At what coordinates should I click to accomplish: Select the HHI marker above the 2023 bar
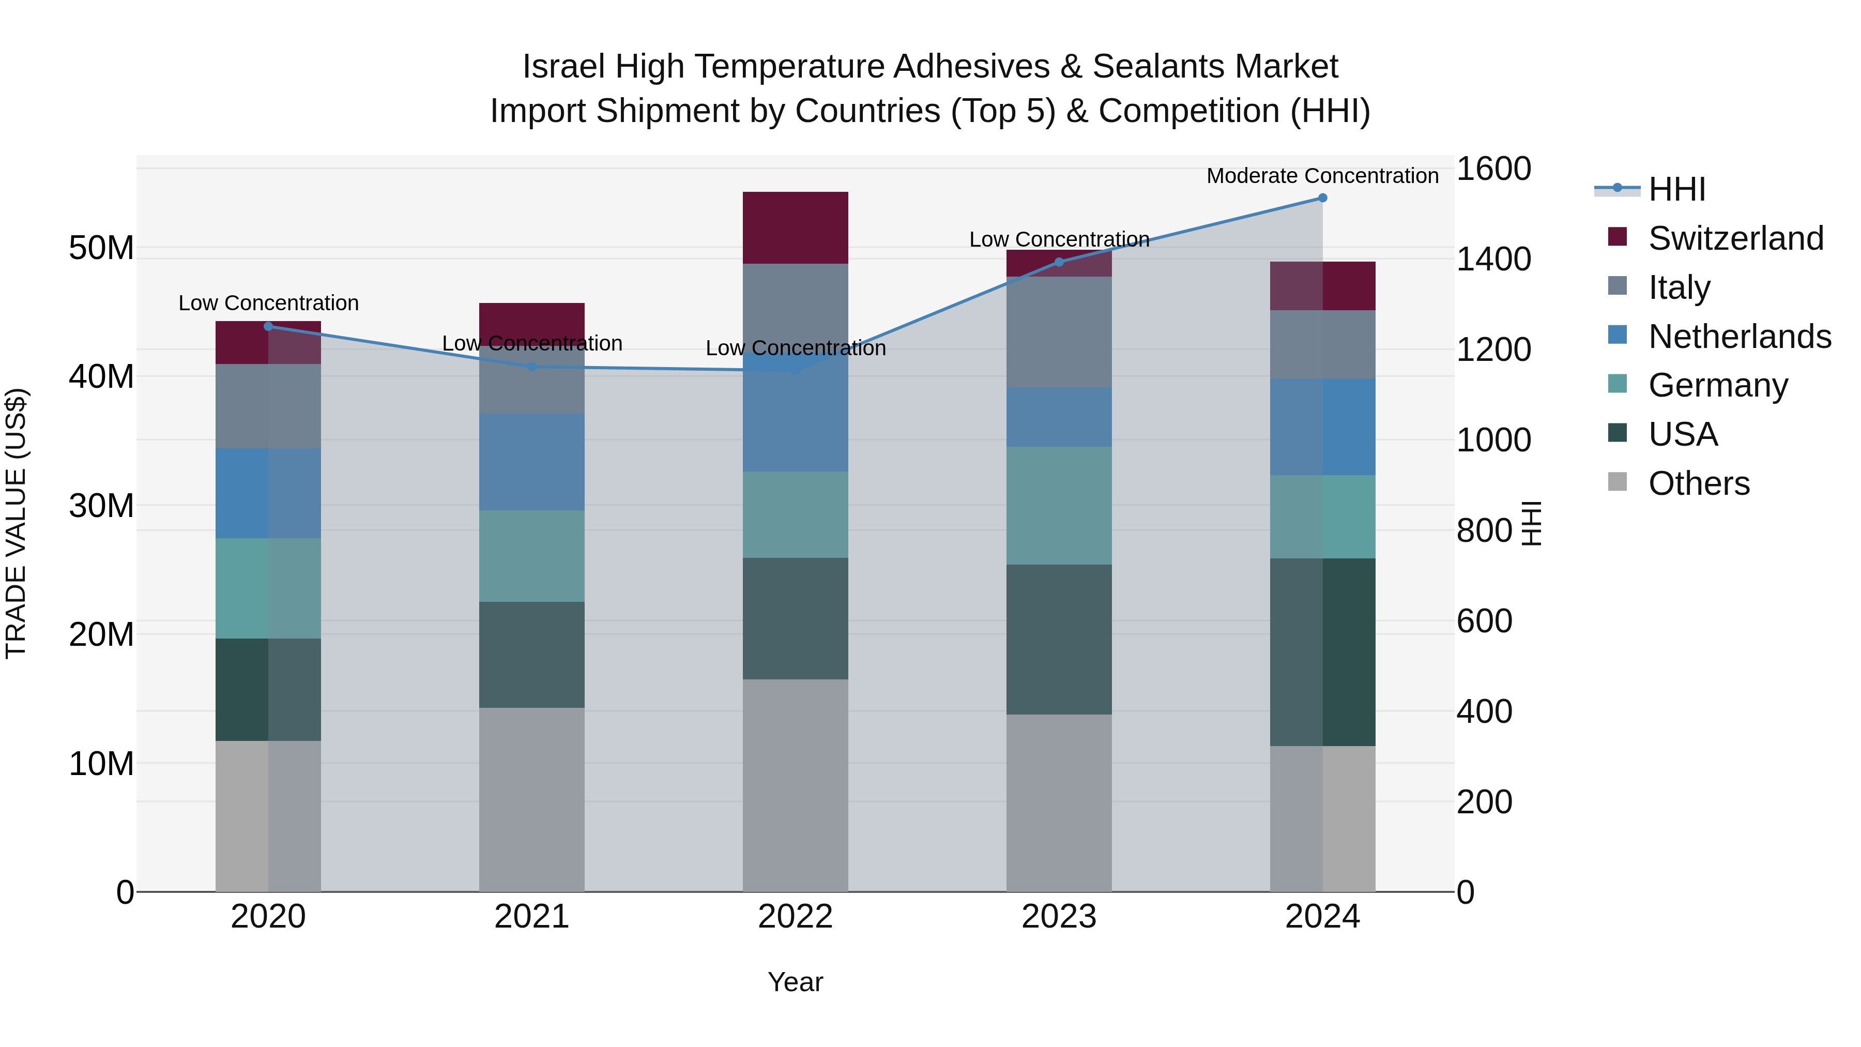(x=1059, y=262)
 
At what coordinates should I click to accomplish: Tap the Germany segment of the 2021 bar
(x=532, y=556)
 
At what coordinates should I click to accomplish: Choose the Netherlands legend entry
(x=1739, y=337)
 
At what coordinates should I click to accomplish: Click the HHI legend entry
(x=1676, y=189)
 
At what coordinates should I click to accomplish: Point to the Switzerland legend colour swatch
(x=1618, y=237)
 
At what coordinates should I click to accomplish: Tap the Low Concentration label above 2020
(x=268, y=303)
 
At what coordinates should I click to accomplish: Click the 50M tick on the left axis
(x=101, y=248)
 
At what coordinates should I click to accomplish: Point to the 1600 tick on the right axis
(x=1492, y=169)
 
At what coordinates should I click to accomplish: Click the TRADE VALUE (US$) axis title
(x=16, y=524)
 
